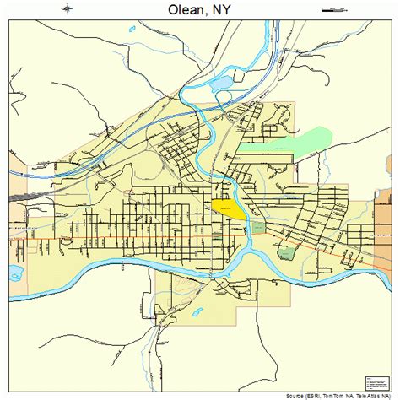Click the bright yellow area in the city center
[228, 208]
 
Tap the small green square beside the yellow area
[258, 227]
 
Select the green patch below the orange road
[288, 252]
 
